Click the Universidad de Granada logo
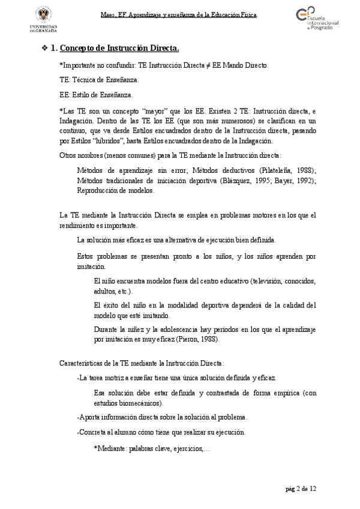tap(44, 20)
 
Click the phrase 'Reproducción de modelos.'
tap(116, 191)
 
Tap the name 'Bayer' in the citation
tap(284, 181)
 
